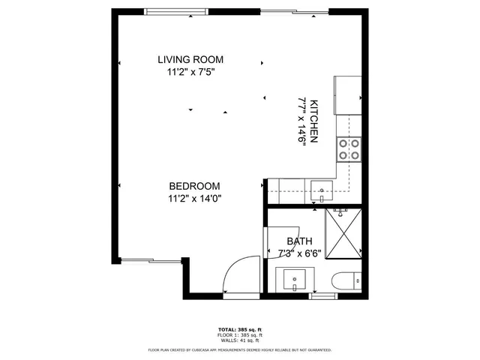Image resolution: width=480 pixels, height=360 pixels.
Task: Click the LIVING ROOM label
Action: pos(190,60)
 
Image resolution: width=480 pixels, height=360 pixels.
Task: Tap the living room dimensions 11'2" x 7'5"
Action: pos(190,73)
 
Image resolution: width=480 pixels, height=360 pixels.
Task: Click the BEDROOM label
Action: pos(194,186)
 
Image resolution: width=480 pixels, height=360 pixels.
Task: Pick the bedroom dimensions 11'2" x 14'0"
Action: pos(194,199)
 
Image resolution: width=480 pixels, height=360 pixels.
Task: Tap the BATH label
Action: pos(299,241)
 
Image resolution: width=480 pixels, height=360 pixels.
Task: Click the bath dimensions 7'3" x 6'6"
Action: pos(299,253)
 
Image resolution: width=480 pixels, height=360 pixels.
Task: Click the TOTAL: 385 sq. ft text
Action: pos(240,329)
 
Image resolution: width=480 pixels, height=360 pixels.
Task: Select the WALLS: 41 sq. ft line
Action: pos(240,340)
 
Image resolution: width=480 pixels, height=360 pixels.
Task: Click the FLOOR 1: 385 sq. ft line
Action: pos(240,335)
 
